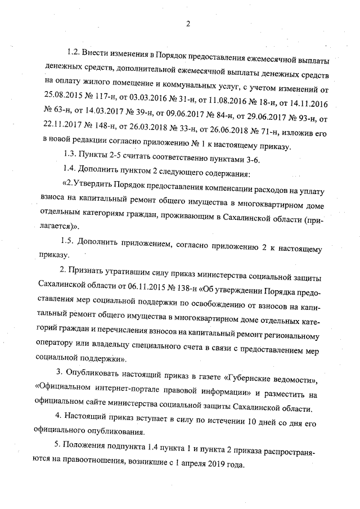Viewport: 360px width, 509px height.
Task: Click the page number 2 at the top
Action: pyautogui.click(x=188, y=24)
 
